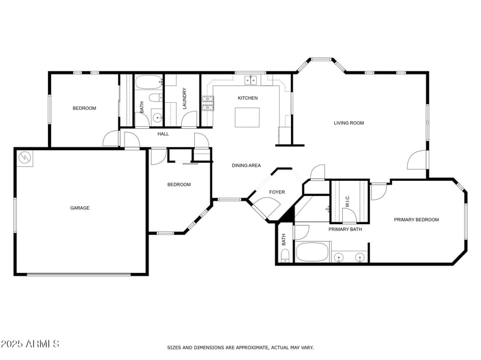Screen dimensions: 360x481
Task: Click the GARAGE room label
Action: pyautogui.click(x=79, y=208)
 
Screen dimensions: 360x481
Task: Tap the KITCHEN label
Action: pyautogui.click(x=248, y=98)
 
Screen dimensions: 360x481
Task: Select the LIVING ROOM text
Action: pyautogui.click(x=349, y=123)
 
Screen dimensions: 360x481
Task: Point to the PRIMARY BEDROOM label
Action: pyautogui.click(x=416, y=220)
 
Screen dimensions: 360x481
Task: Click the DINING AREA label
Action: pyautogui.click(x=247, y=165)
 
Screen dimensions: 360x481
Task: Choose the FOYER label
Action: pyautogui.click(x=277, y=192)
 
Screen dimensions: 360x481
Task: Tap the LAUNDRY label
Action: pyautogui.click(x=185, y=99)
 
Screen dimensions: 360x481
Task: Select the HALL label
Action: pyautogui.click(x=163, y=134)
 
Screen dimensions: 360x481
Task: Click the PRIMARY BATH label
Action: pyautogui.click(x=345, y=230)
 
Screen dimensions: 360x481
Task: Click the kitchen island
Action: pyautogui.click(x=247, y=117)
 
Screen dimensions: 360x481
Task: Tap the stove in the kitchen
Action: pyautogui.click(x=208, y=103)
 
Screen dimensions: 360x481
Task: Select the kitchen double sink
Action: pyautogui.click(x=251, y=80)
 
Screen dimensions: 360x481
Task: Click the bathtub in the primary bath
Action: pyautogui.click(x=313, y=252)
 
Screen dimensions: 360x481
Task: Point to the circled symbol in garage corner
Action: pyautogui.click(x=25, y=157)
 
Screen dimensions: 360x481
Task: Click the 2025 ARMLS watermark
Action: pyautogui.click(x=30, y=344)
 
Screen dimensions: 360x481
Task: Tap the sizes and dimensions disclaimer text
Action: pyautogui.click(x=240, y=347)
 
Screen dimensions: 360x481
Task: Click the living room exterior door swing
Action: pyautogui.click(x=417, y=160)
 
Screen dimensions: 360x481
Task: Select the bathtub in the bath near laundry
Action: pyautogui.click(x=148, y=82)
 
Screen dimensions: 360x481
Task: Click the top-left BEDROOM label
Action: pyautogui.click(x=84, y=108)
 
